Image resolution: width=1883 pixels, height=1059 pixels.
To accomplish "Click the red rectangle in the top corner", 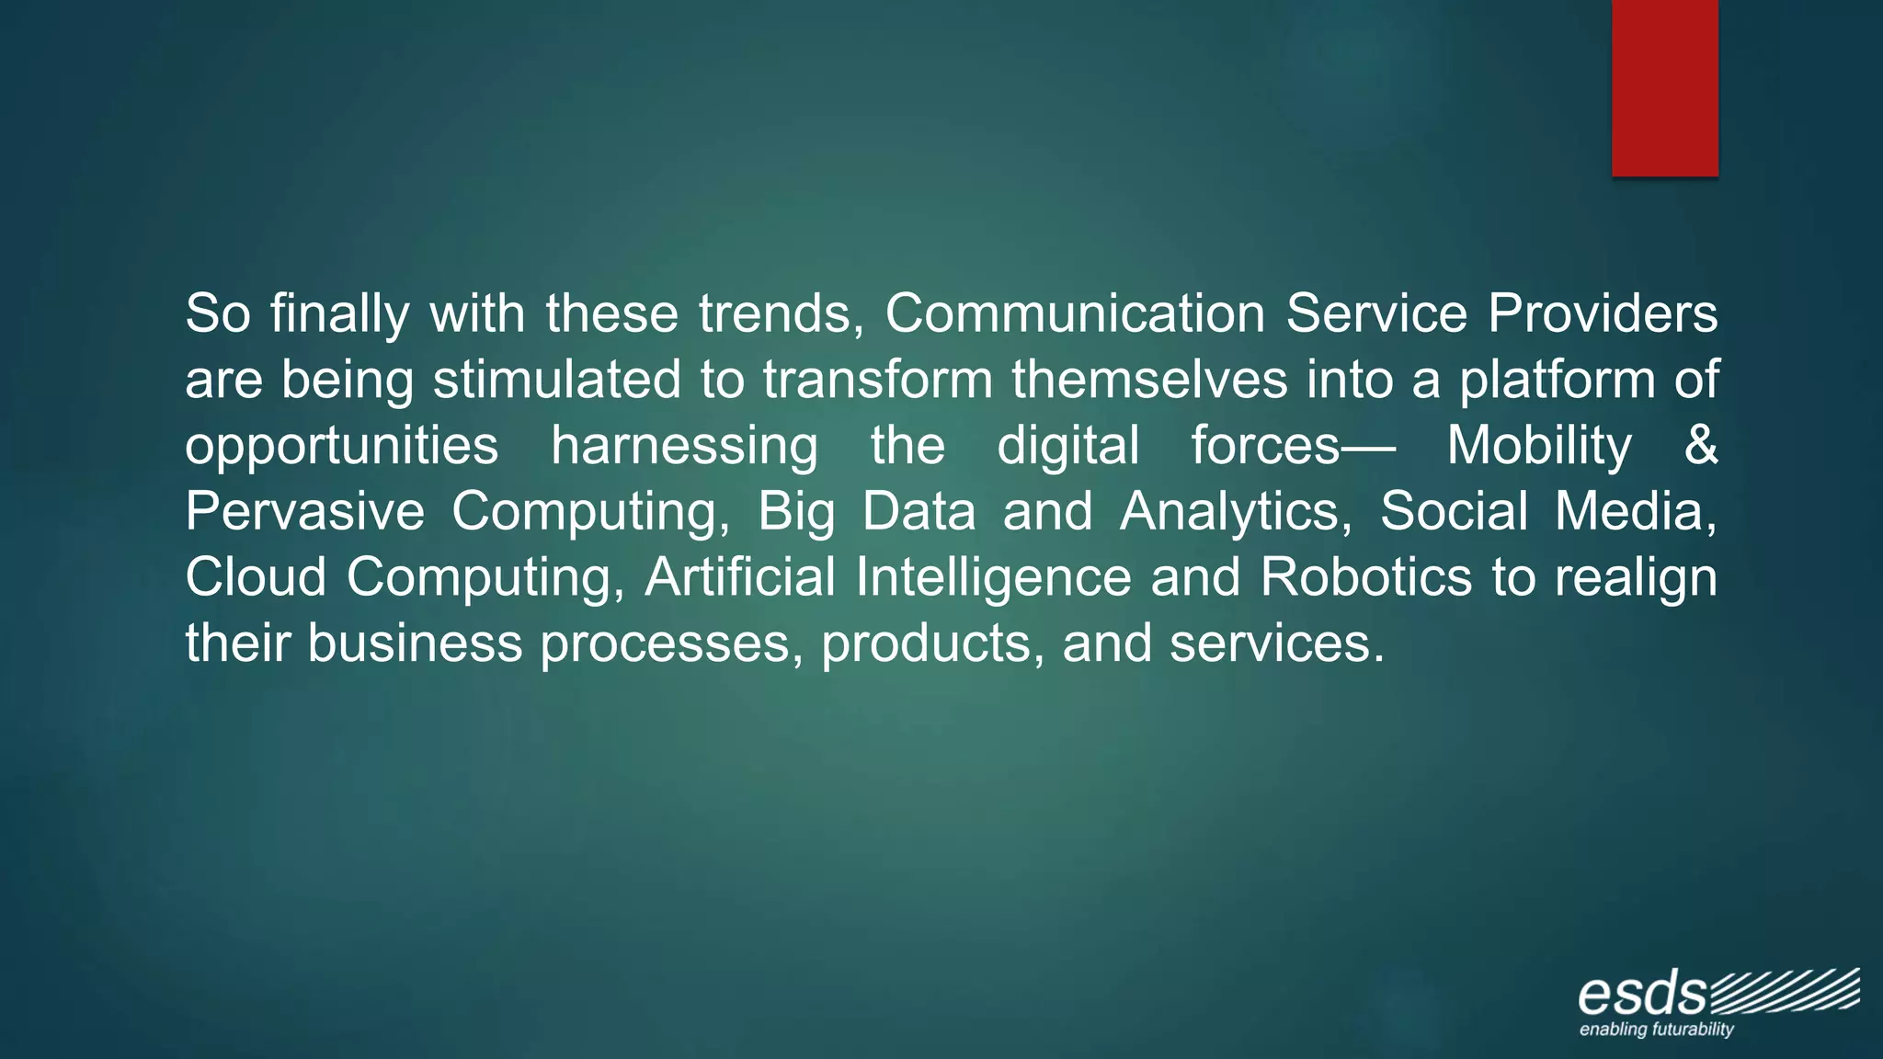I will (x=1664, y=88).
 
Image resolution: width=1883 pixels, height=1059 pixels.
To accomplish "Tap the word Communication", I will (x=1075, y=313).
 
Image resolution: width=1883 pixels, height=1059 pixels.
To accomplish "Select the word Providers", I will (x=1603, y=313).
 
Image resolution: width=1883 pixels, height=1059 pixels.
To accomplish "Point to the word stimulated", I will (x=557, y=380).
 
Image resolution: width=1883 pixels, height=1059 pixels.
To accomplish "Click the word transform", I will (x=878, y=380).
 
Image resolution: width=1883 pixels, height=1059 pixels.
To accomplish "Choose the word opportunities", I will (x=341, y=447).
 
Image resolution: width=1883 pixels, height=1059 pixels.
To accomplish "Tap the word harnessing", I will (x=684, y=447).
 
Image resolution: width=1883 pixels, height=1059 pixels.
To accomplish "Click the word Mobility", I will (x=1539, y=447).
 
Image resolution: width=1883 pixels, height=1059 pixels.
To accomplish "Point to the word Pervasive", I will (x=304, y=511).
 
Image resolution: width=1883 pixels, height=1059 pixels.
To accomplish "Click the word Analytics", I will (x=1236, y=512).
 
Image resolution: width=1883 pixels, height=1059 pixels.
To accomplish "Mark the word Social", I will (x=1454, y=511).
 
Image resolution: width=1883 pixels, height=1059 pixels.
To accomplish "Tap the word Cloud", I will (x=256, y=577).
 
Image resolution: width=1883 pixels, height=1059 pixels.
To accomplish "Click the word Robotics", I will (x=1366, y=577).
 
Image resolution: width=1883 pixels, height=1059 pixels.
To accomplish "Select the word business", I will (x=415, y=643).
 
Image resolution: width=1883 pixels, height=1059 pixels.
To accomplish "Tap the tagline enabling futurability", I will (x=1656, y=1030).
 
